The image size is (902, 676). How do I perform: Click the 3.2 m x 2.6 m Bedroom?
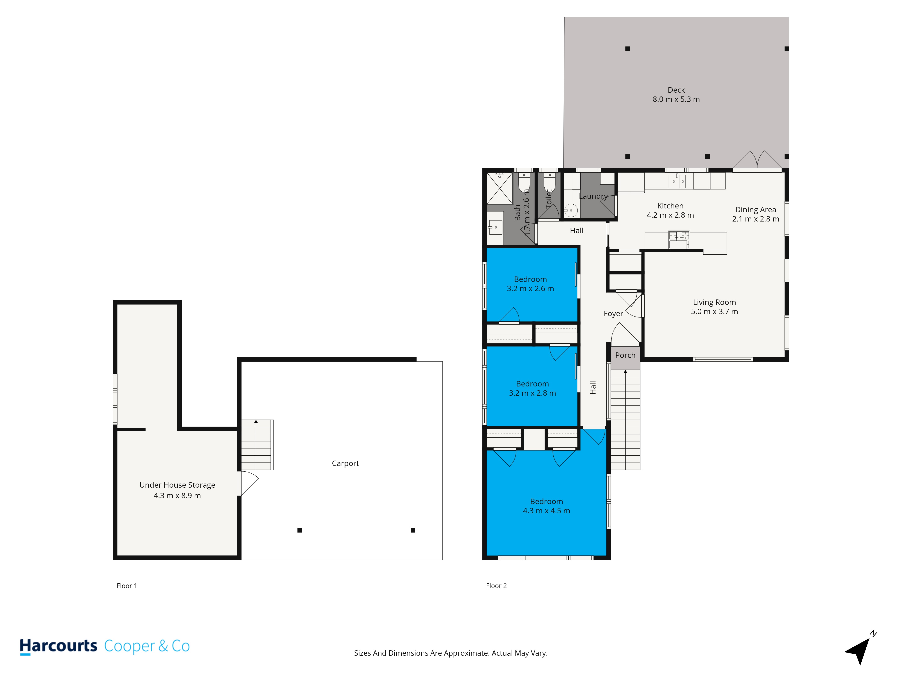click(x=530, y=284)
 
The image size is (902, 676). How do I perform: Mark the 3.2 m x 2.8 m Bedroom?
click(x=532, y=388)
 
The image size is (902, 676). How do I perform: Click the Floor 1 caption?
click(x=127, y=586)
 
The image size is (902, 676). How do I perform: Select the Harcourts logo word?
click(x=58, y=646)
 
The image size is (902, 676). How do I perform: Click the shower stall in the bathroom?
click(x=499, y=188)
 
